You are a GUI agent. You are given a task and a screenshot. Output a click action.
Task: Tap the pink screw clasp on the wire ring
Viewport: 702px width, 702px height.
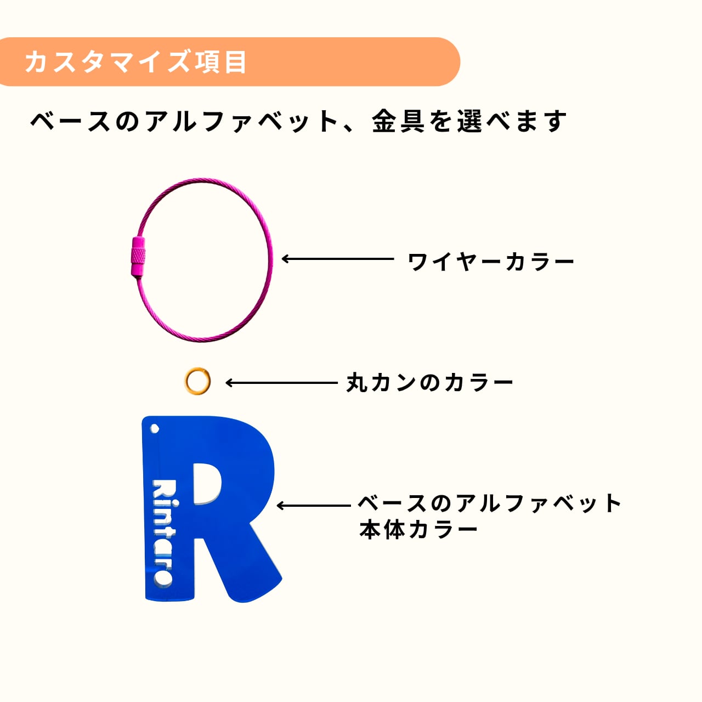138,257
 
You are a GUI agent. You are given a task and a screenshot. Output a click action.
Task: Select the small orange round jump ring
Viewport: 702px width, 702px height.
197,381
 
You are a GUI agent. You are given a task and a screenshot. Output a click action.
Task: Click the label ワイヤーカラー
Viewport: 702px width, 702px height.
491,262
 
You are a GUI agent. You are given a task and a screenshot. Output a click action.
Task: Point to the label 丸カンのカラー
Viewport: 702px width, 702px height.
429,383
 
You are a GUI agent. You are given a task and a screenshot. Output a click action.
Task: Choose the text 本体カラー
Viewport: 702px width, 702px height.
418,530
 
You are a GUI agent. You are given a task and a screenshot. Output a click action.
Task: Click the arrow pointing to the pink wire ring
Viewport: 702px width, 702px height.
337,259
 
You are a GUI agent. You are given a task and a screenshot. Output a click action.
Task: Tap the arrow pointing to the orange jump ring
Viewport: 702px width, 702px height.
281,383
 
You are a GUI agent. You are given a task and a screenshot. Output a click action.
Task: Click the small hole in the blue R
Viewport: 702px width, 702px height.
155,428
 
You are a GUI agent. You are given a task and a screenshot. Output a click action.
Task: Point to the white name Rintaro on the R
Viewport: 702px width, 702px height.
163,532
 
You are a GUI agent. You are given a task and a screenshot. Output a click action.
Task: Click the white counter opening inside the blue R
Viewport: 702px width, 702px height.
207,483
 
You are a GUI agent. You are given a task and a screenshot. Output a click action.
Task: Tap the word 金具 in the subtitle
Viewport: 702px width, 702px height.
398,121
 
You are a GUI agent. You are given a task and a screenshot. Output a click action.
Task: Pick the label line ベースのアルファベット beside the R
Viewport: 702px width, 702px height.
490,503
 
